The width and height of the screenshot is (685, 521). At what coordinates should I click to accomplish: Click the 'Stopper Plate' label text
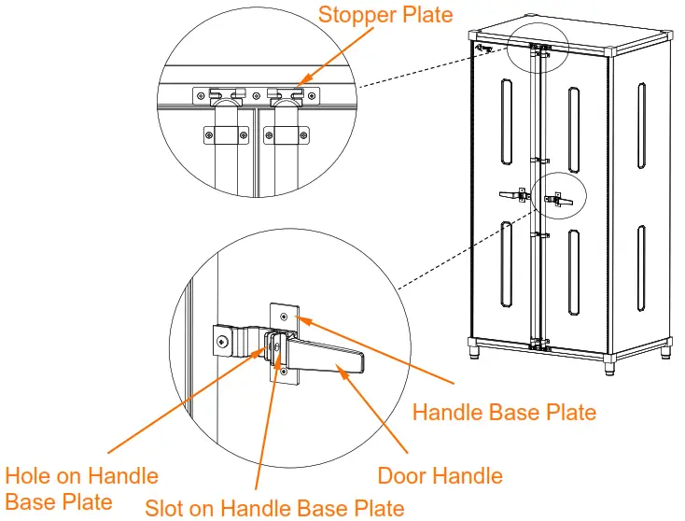pos(386,15)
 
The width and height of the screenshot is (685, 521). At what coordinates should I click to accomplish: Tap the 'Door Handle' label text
pos(440,475)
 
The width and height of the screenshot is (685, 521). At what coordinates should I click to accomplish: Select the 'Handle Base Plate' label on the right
pos(503,411)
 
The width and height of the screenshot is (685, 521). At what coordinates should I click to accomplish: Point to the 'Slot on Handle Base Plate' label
pos(274,508)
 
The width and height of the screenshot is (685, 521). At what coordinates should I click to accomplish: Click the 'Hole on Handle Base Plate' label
pos(81,489)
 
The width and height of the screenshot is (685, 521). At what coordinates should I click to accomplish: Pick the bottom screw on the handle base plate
pos(284,373)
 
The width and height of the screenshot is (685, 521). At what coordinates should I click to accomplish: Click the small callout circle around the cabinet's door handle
pos(559,196)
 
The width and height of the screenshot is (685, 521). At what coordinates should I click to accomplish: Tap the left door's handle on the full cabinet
pos(512,195)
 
